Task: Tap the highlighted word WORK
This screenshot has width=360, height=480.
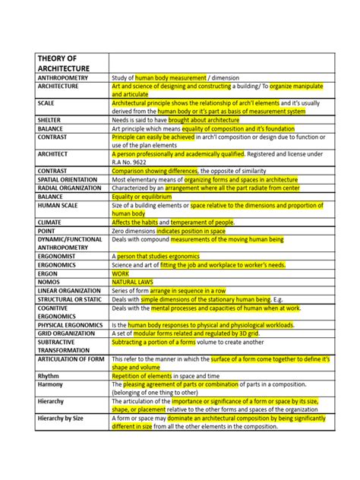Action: (120, 272)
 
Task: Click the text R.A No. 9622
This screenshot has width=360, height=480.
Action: (129, 162)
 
